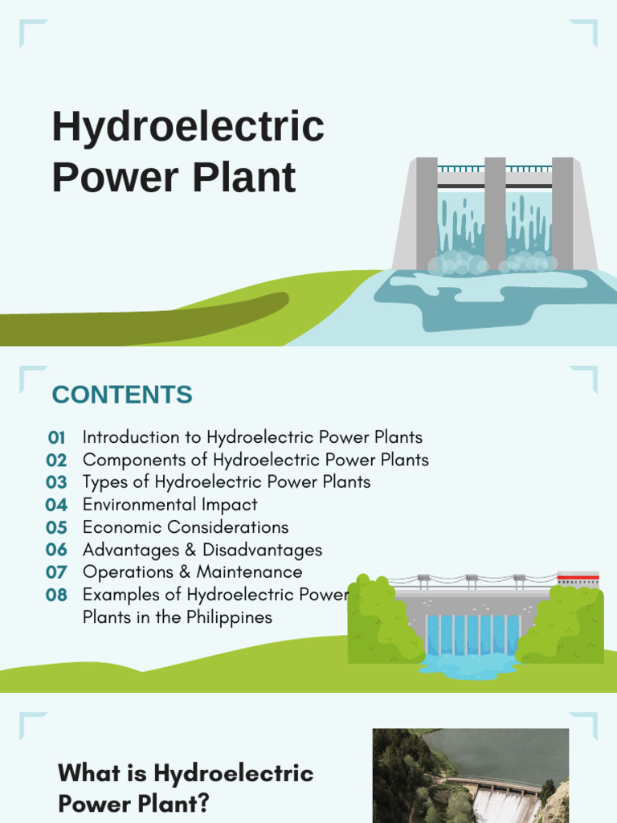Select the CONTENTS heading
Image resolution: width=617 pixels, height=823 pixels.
[122, 395]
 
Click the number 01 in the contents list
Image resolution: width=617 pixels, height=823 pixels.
[56, 438]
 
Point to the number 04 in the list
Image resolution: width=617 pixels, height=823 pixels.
[56, 506]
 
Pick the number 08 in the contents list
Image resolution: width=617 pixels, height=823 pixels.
[56, 596]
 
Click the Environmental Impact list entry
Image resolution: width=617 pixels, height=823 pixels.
[170, 505]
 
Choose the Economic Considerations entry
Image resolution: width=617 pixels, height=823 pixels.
[186, 527]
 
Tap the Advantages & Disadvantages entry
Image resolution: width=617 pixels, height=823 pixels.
[202, 550]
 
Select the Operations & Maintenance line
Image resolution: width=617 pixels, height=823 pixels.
[193, 572]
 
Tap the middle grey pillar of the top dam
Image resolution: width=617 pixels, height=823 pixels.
[495, 213]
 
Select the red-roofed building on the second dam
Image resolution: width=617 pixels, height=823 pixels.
[578, 579]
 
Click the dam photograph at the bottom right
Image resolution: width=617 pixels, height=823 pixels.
[470, 776]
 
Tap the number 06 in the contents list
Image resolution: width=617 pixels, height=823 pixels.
[56, 551]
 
